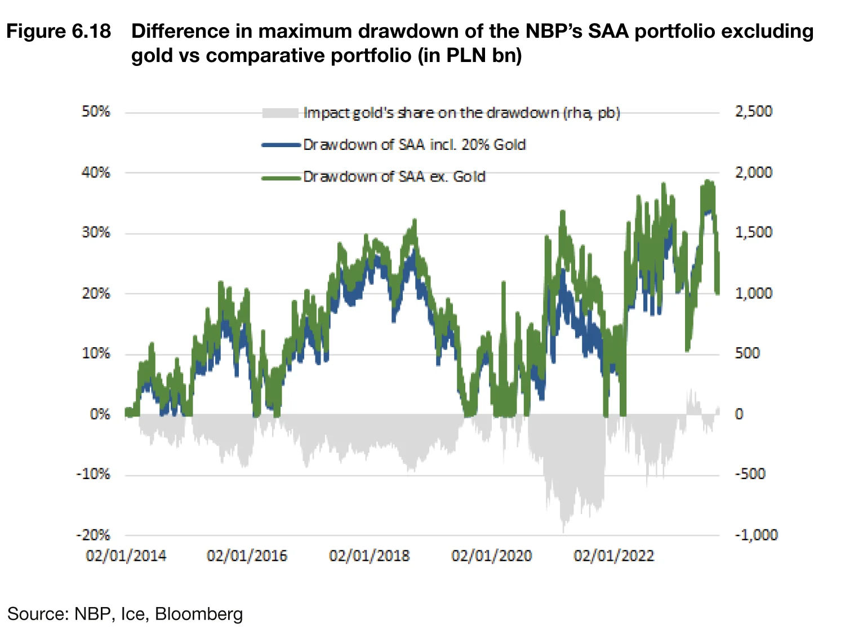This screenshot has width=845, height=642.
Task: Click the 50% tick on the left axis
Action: pyautogui.click(x=96, y=112)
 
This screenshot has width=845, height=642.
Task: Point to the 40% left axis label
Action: pyautogui.click(x=96, y=172)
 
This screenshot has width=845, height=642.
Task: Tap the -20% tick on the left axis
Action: pyautogui.click(x=94, y=535)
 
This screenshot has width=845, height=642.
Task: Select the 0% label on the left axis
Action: pyautogui.click(x=100, y=414)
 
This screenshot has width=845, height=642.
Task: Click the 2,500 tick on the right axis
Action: pyautogui.click(x=753, y=112)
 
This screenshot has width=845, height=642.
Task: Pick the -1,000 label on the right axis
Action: pyautogui.click(x=756, y=535)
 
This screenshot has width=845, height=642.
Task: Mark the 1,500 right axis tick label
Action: pyautogui.click(x=753, y=233)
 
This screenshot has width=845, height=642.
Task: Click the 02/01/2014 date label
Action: pyautogui.click(x=126, y=556)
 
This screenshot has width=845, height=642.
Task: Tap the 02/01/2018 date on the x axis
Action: pyautogui.click(x=369, y=556)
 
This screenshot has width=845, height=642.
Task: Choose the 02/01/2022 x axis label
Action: pyautogui.click(x=613, y=556)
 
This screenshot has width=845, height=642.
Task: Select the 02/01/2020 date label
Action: pyautogui.click(x=491, y=556)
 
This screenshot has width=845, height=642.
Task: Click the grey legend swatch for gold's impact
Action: pyautogui.click(x=280, y=113)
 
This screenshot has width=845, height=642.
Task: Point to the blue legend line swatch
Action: pyautogui.click(x=281, y=145)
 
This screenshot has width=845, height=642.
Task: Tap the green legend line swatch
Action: pyautogui.click(x=281, y=178)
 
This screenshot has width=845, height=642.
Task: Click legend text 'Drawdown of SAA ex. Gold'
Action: pyautogui.click(x=394, y=177)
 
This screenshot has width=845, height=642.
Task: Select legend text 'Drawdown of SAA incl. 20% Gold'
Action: pyautogui.click(x=415, y=145)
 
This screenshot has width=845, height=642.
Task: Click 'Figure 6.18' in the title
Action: pyautogui.click(x=59, y=32)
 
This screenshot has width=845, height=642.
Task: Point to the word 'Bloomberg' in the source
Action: pyautogui.click(x=199, y=614)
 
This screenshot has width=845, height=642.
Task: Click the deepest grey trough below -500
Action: pyautogui.click(x=563, y=530)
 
